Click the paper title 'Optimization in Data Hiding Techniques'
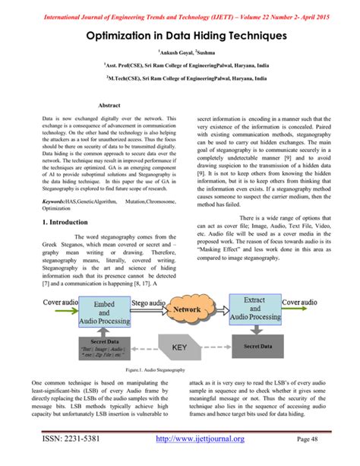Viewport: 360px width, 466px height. (180, 36)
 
